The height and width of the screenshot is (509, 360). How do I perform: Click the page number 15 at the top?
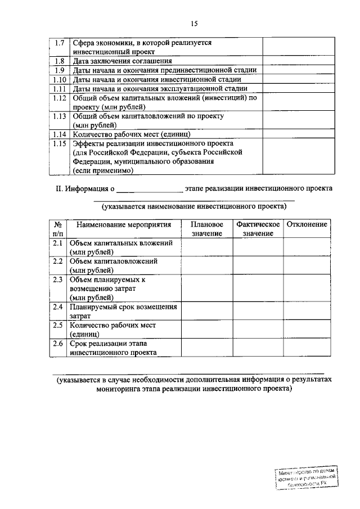tap(195, 23)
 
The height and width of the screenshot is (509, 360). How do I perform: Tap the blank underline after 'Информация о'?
tap(150, 189)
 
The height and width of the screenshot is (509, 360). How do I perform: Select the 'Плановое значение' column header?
tap(206, 228)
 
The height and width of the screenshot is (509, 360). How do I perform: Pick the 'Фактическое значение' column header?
tap(258, 228)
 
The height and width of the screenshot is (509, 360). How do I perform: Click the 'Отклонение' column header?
tap(307, 224)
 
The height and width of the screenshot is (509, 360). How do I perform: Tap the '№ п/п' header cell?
tap(58, 228)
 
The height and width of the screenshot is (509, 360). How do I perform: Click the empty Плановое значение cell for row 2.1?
tap(206, 247)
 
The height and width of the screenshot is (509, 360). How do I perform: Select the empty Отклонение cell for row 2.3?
tap(307, 289)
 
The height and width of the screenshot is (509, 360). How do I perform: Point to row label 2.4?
tap(58, 307)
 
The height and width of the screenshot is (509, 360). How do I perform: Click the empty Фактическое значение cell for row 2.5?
tap(258, 330)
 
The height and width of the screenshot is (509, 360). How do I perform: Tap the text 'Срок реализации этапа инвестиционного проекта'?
tap(113, 348)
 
